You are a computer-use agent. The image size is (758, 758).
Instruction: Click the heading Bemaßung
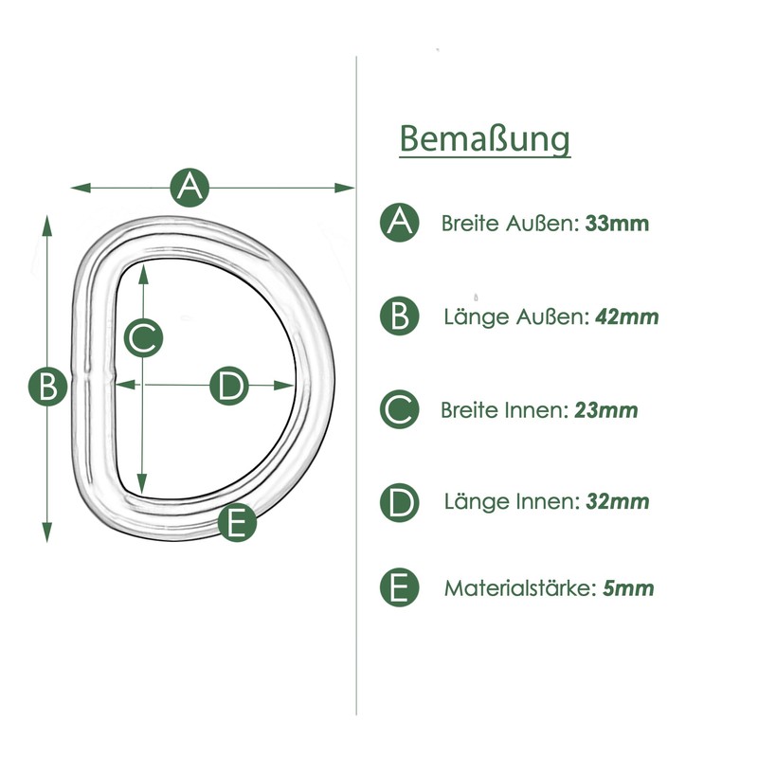pyautogui.click(x=485, y=138)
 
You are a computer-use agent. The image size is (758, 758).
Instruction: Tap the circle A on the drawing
pyautogui.click(x=190, y=187)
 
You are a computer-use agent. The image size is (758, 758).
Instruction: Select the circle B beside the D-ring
pyautogui.click(x=46, y=386)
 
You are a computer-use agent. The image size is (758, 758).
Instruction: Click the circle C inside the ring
pyautogui.click(x=143, y=337)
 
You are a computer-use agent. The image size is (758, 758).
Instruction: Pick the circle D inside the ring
pyautogui.click(x=227, y=386)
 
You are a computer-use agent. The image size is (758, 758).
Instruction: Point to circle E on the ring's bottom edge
pyautogui.click(x=237, y=522)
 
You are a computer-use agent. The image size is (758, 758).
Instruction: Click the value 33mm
pyautogui.click(x=617, y=225)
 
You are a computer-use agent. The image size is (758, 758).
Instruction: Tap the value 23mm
pyautogui.click(x=605, y=411)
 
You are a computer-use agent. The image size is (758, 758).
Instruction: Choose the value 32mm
pyautogui.click(x=618, y=502)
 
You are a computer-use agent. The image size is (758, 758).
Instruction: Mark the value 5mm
pyautogui.click(x=628, y=588)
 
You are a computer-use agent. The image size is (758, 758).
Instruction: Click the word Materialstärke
pyautogui.click(x=519, y=588)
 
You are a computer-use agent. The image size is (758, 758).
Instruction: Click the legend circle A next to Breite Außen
pyautogui.click(x=400, y=223)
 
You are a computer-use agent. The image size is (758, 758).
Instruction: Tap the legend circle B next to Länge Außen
pyautogui.click(x=400, y=316)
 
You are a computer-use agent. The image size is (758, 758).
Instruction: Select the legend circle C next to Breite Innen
pyautogui.click(x=400, y=410)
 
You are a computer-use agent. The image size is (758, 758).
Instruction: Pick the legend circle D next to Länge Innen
pyautogui.click(x=400, y=502)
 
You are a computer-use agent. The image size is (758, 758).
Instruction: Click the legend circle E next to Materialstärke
pyautogui.click(x=400, y=587)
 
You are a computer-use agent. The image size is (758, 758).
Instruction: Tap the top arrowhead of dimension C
pyautogui.click(x=142, y=271)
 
